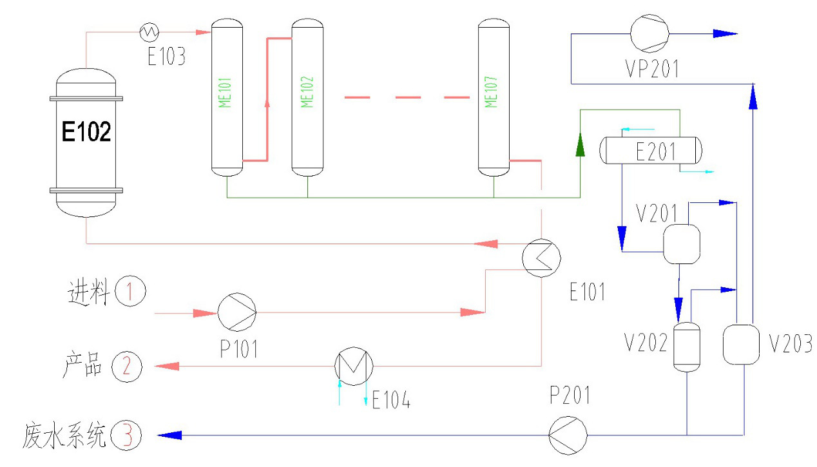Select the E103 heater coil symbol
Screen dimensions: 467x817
(150, 30)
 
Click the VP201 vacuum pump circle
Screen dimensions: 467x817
(649, 33)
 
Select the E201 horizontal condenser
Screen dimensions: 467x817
(651, 150)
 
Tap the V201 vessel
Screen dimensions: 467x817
(682, 243)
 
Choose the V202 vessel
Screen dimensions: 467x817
(686, 347)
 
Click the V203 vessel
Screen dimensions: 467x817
(742, 343)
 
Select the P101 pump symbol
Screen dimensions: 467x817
(236, 312)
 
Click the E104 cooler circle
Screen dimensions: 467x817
(353, 367)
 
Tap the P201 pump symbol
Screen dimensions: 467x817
(568, 435)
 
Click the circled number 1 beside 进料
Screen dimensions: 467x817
(131, 292)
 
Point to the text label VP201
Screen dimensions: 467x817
(651, 68)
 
